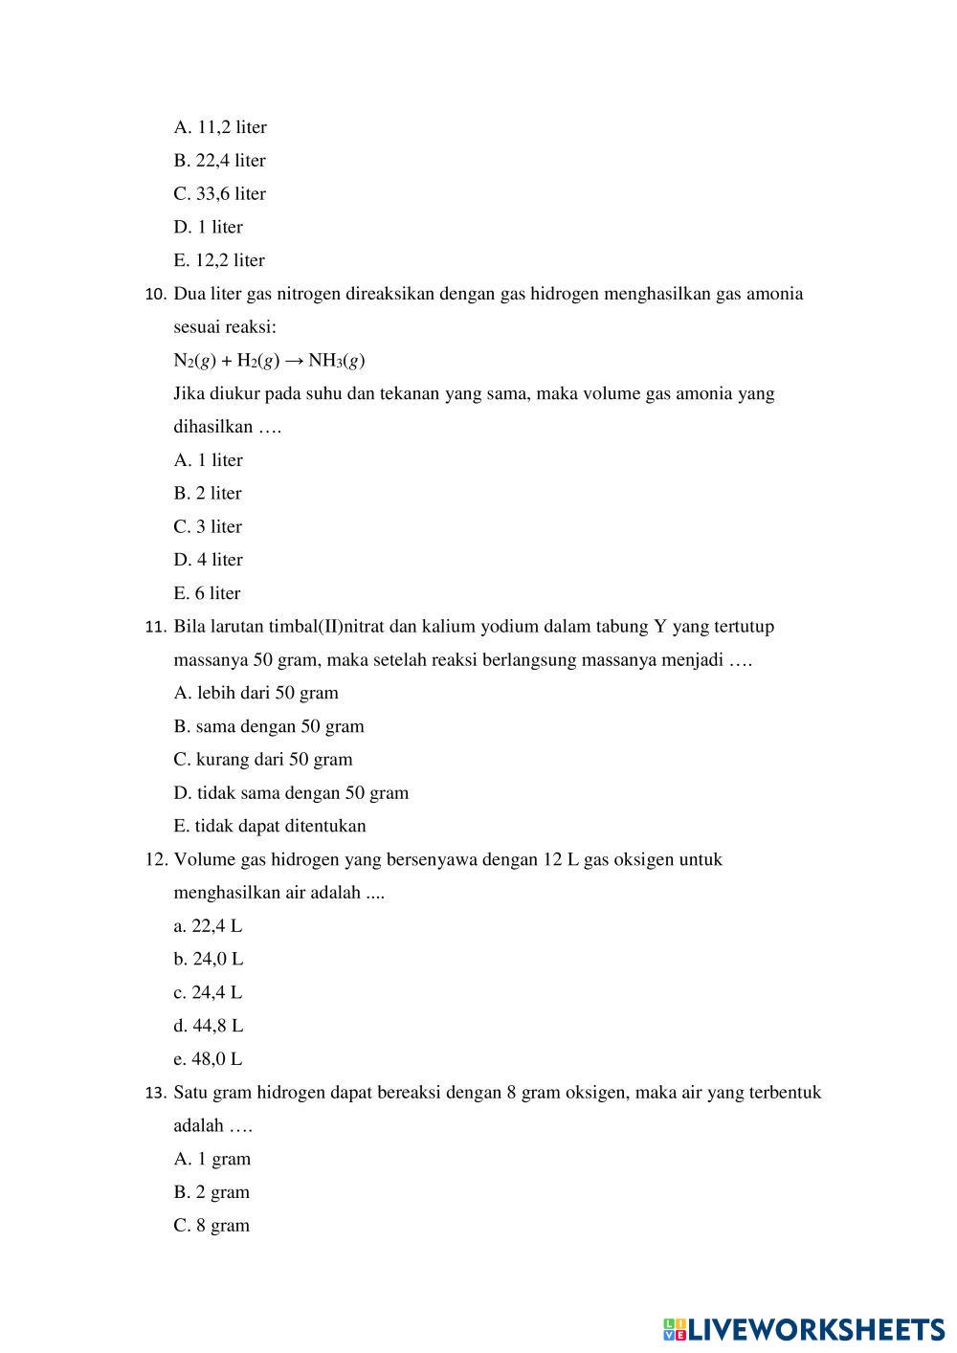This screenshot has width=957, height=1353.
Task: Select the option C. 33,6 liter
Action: coord(220,193)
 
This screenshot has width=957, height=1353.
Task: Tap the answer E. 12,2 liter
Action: coord(219,260)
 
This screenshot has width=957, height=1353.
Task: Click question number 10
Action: coord(155,295)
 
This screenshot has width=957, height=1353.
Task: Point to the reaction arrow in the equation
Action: coord(294,361)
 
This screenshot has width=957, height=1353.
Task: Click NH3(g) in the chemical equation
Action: coord(336,361)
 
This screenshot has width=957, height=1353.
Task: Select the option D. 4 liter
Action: coord(209,560)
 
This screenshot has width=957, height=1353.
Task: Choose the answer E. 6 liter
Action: coord(208,593)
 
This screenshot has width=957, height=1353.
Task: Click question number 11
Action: coord(155,628)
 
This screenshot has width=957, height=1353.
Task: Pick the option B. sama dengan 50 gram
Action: coord(269,726)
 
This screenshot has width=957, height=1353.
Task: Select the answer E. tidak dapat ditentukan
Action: coord(270,826)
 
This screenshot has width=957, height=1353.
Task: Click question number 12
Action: coord(156,859)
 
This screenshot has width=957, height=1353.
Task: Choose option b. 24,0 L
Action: coord(209,959)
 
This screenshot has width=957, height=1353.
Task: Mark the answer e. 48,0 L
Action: coord(209,1059)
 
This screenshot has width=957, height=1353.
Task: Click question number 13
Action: coord(156,1093)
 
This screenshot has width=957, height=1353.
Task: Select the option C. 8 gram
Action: coord(211,1226)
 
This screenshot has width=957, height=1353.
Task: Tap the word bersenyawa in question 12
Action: coord(432,859)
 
